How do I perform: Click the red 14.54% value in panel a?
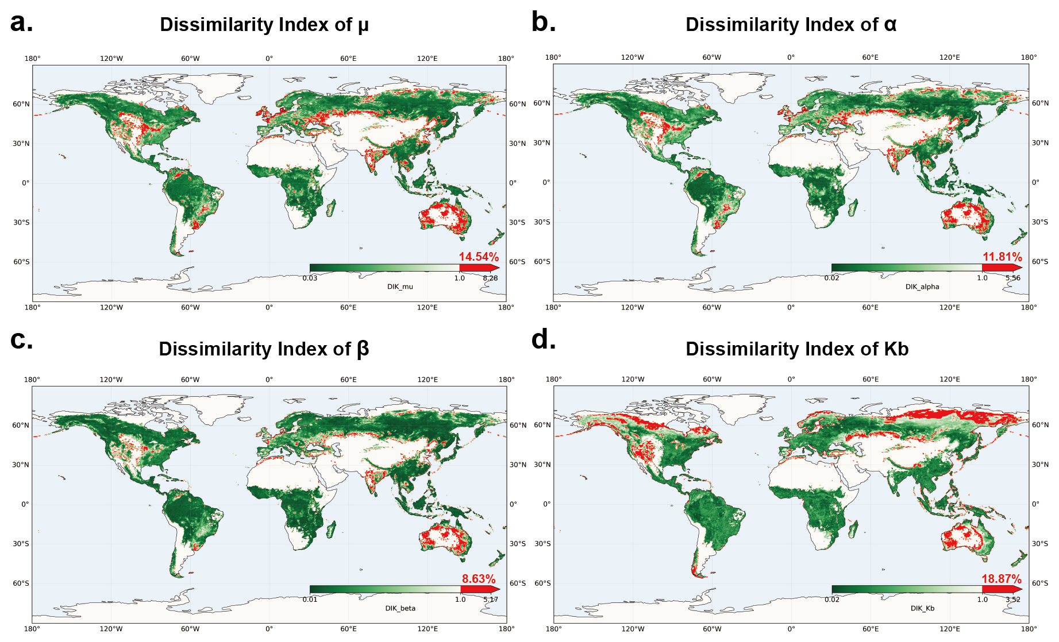pos(479,257)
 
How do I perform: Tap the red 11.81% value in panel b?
pos(1002,257)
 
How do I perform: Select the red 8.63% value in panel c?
pos(479,579)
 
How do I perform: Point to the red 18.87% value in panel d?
pos(1002,579)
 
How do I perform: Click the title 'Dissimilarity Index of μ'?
pos(264,25)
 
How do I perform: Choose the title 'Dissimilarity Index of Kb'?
pos(797,349)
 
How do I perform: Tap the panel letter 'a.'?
pos(22,22)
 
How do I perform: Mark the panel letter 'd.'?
pos(544,339)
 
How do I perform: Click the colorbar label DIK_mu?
pos(400,287)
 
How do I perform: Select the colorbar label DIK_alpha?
pos(922,287)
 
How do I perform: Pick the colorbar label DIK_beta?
pos(400,608)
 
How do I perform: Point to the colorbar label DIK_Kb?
pos(922,608)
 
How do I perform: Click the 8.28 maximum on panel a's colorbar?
pos(490,278)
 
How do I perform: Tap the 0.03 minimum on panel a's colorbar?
pos(310,278)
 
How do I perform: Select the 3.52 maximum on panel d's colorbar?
pos(1013,600)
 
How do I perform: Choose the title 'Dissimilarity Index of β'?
pos(264,349)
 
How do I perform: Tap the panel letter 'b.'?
pos(544,22)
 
